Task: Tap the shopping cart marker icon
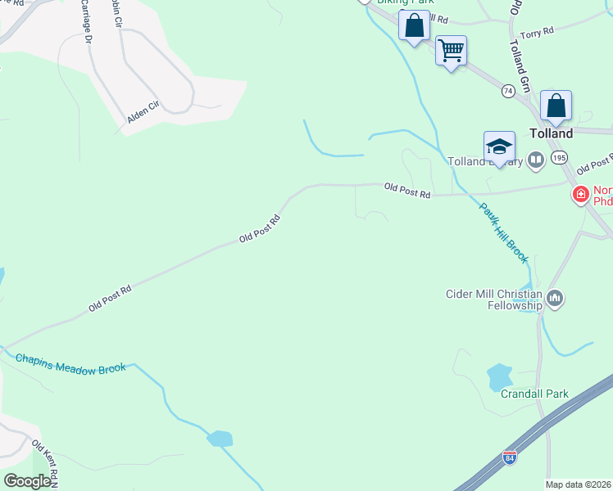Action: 451,51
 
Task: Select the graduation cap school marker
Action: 499,146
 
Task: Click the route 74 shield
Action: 509,91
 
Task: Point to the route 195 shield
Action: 560,157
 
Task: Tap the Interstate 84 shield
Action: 510,460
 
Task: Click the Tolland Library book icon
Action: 536,160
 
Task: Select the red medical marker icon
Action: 580,194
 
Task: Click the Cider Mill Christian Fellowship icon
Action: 556,299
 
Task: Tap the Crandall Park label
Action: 534,394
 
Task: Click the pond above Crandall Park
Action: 499,377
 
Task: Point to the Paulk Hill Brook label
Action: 503,232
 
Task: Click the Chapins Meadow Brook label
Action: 70,363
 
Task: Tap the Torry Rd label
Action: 537,30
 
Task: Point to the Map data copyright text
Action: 579,484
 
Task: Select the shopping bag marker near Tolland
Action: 556,106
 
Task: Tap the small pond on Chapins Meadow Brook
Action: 220,439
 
